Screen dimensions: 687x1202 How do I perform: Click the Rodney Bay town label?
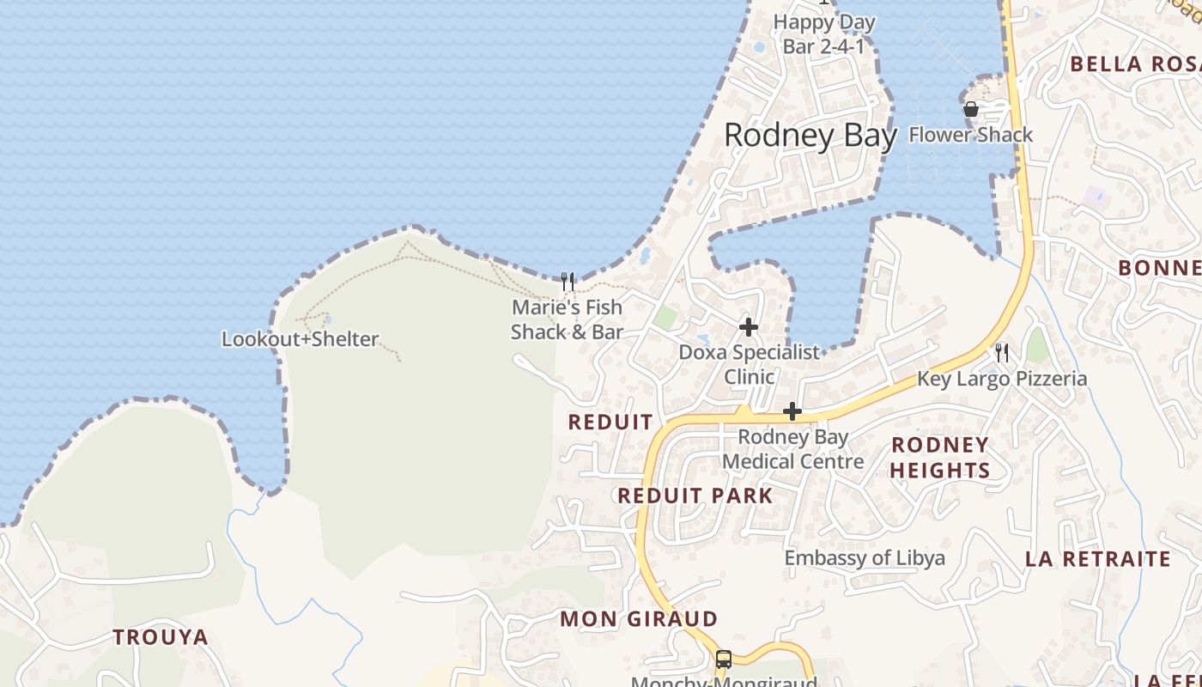810,136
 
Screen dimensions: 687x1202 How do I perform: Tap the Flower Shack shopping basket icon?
971,110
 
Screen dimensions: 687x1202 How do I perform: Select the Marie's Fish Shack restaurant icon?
567,281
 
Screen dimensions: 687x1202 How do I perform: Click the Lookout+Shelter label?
300,339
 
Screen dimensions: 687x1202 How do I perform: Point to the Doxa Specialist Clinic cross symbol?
749,327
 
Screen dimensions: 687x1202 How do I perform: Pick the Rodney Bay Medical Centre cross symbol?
792,412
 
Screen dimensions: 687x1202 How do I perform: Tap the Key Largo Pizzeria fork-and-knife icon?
1002,352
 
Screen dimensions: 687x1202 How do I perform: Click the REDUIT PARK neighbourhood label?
695,495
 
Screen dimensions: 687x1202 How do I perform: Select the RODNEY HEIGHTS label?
940,458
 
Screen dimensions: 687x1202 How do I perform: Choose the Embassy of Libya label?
865,558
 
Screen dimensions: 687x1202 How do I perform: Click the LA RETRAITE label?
1098,559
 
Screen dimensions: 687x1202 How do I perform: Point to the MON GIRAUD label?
639,619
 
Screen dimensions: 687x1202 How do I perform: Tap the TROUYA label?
161,637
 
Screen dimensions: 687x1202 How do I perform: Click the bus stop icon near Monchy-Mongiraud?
724,660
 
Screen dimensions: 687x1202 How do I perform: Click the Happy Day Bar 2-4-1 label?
824,34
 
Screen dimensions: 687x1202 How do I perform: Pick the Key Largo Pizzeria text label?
1002,379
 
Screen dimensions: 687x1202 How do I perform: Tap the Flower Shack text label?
971,135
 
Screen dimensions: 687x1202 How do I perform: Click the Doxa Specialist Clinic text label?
750,364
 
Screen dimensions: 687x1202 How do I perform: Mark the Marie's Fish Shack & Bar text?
567,319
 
